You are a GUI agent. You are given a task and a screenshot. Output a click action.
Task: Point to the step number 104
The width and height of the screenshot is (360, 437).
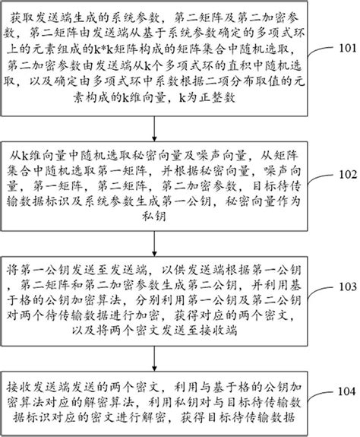click(x=340, y=394)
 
